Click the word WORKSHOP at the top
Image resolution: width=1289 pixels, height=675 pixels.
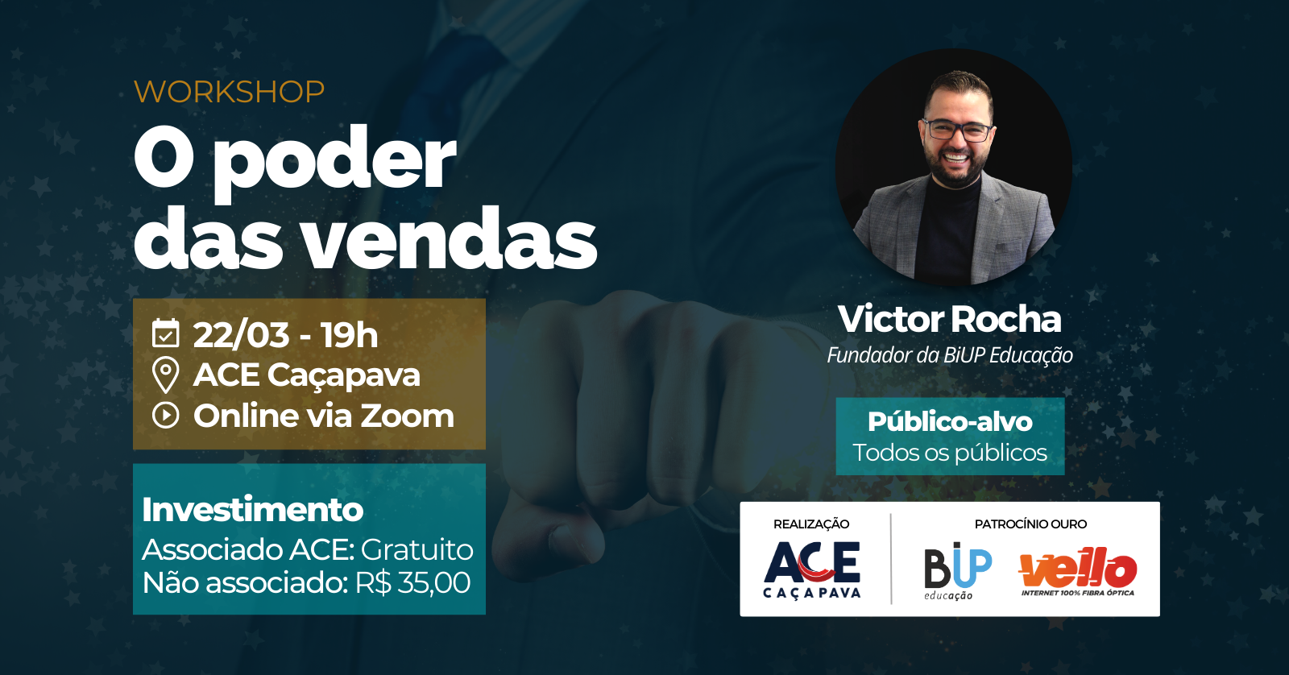pos(229,92)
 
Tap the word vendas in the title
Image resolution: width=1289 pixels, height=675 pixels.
pos(450,239)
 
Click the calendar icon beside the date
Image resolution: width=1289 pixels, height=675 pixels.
pos(166,333)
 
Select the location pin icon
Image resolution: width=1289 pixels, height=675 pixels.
pos(166,375)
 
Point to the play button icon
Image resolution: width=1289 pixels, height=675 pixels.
pos(166,416)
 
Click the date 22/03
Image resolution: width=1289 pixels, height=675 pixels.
pos(241,335)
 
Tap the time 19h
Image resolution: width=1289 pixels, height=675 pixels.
pos(350,335)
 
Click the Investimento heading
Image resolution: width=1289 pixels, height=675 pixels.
pos(253,509)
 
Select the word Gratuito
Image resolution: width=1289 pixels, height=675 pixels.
pos(417,549)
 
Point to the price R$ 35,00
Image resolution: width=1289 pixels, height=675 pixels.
pos(412,583)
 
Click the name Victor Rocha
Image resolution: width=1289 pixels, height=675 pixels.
pos(950,319)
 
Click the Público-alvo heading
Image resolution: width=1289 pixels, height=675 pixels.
pos(950,422)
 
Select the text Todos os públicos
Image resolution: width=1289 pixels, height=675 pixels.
pos(950,453)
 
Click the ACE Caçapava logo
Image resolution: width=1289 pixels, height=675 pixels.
pos(811,570)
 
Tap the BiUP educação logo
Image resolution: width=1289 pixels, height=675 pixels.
pos(958,571)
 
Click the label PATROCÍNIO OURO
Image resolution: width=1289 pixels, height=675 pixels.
pos(1030,524)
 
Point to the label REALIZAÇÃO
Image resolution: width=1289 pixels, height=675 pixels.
pos(811,524)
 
